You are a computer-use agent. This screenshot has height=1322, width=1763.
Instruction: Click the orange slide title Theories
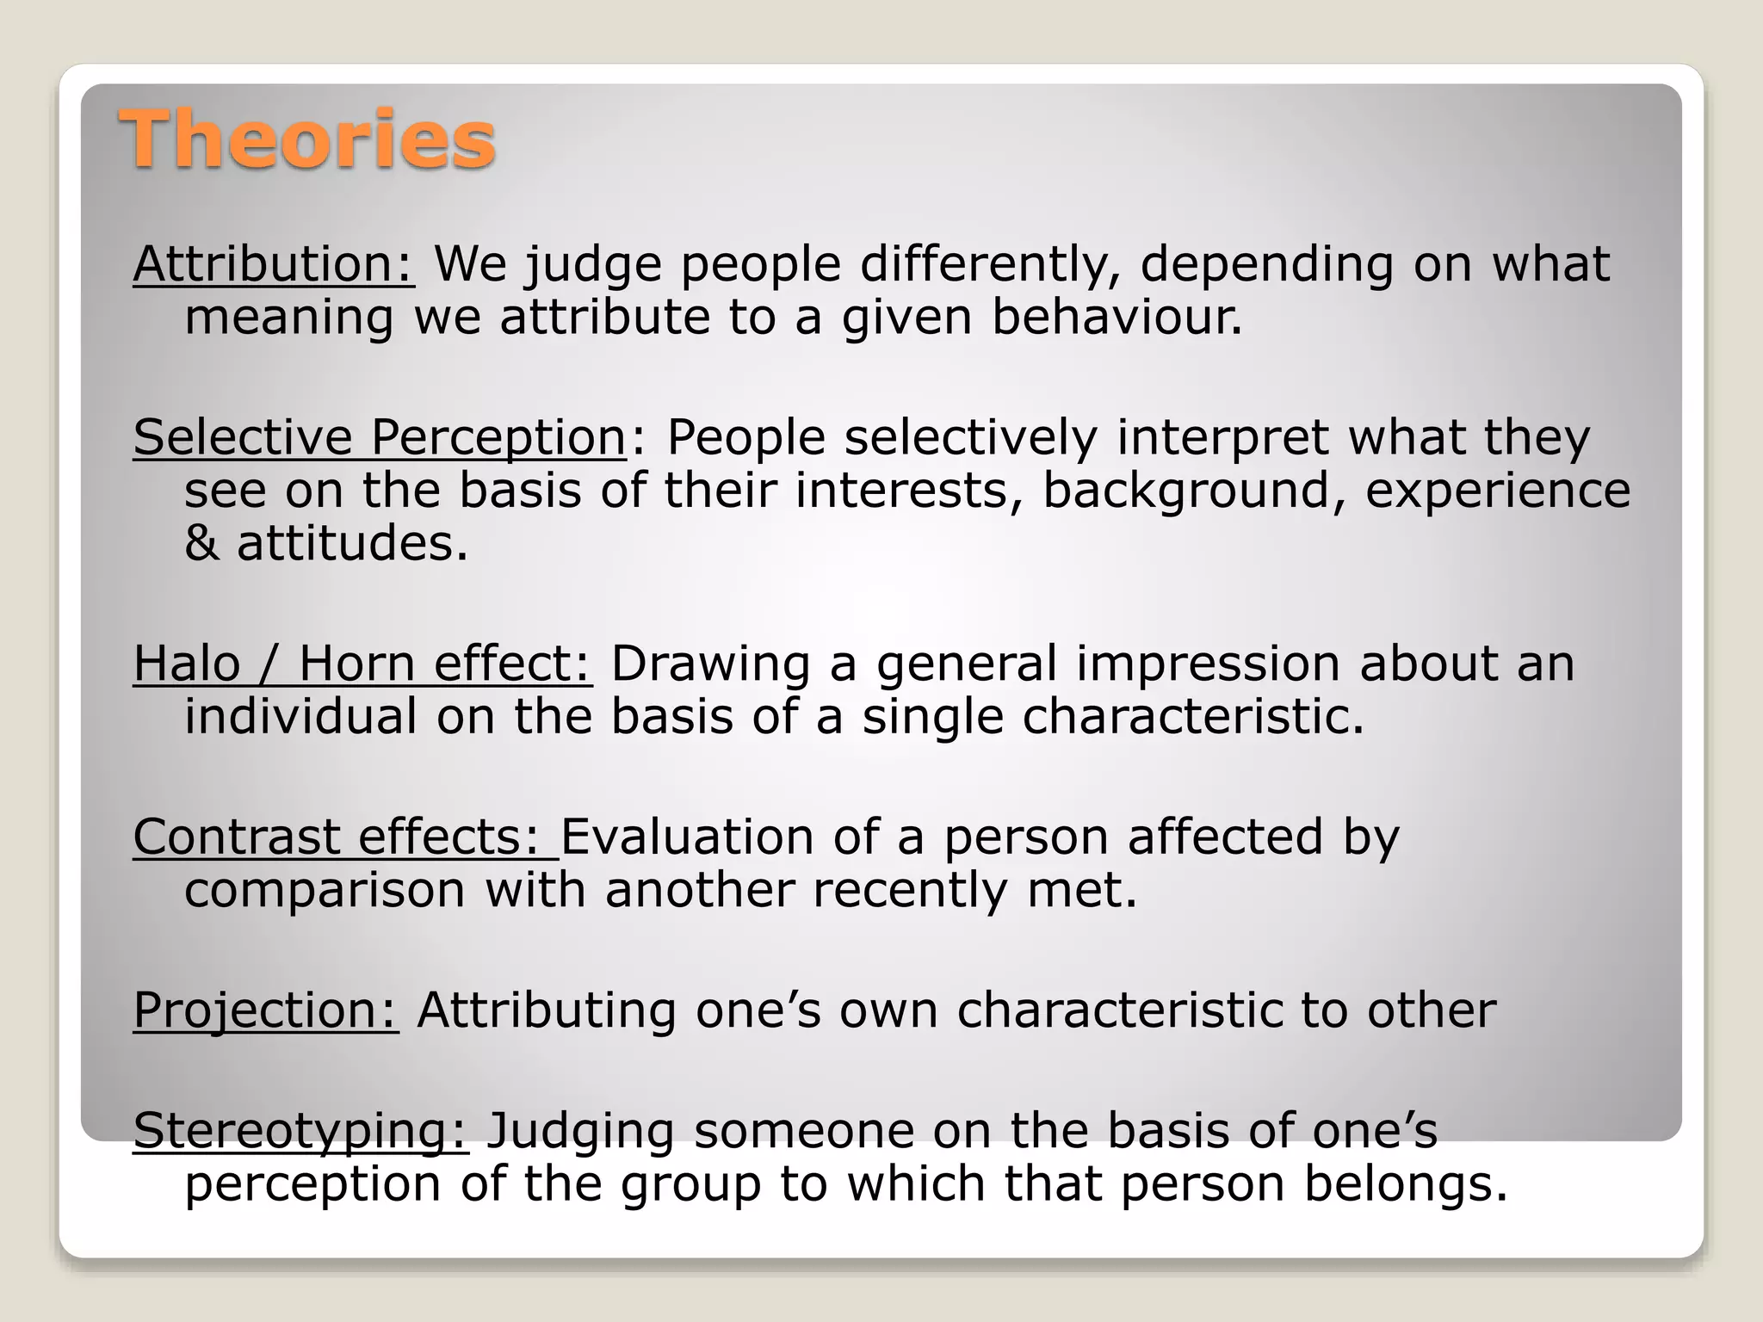coord(307,139)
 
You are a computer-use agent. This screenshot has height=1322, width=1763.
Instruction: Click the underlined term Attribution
coord(273,263)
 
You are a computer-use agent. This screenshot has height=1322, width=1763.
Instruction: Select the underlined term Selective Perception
coord(379,437)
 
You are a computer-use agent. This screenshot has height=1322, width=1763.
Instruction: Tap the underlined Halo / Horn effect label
coord(362,664)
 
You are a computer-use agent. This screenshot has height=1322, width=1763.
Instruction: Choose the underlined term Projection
coord(265,1010)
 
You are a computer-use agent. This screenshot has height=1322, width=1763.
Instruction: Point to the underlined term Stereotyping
coord(300,1131)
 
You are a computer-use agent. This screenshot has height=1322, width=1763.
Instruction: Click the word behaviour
coord(1117,317)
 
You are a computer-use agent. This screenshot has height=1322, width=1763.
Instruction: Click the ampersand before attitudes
coord(201,544)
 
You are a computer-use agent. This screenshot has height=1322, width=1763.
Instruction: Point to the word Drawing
coord(710,664)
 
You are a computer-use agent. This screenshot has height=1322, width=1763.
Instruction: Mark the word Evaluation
coord(687,837)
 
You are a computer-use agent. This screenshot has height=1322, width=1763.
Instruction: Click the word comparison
coord(325,890)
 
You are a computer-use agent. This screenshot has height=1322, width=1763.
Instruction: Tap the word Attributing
coord(546,1010)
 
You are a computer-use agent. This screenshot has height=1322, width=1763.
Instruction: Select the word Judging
coord(580,1131)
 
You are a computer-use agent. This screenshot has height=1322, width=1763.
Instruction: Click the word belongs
coord(1406,1184)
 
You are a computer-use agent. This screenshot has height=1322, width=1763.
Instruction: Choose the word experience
coord(1498,491)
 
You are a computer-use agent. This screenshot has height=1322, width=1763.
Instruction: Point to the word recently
coord(909,890)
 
